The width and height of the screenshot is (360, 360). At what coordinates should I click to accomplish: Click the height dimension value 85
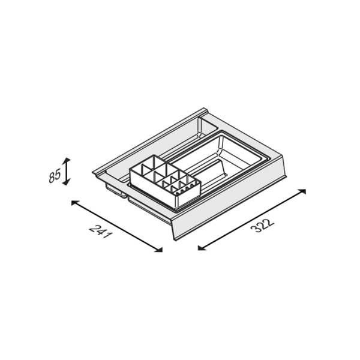tap(55, 176)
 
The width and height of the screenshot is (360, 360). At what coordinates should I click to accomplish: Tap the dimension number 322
tap(262, 226)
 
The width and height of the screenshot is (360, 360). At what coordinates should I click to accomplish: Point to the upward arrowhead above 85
tap(67, 160)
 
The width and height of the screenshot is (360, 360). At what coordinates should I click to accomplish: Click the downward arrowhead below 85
tap(67, 182)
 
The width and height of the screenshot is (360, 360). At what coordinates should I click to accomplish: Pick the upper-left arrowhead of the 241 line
tap(74, 203)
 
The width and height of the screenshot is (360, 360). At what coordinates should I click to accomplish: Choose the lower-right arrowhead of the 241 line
tap(159, 250)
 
